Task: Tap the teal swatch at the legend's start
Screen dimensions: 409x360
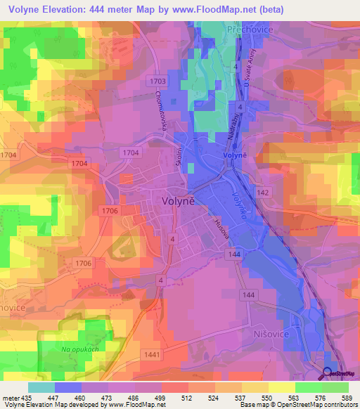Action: (x=41, y=387)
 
